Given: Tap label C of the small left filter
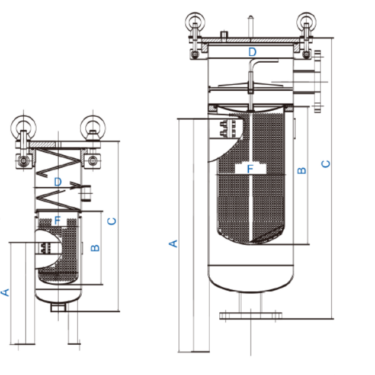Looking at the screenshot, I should tap(112, 222).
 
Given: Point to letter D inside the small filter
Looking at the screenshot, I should tap(57, 181).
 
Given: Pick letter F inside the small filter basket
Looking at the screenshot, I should tap(57, 220).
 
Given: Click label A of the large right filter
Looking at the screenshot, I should tap(174, 243).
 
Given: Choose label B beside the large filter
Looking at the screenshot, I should tap(302, 171).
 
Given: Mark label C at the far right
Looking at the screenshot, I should tap(326, 164).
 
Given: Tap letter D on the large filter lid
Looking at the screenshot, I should tap(252, 52).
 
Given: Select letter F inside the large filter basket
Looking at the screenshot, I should tap(250, 169).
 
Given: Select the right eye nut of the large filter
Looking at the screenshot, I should tap(306, 23).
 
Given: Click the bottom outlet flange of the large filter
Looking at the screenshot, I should tap(251, 315).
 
